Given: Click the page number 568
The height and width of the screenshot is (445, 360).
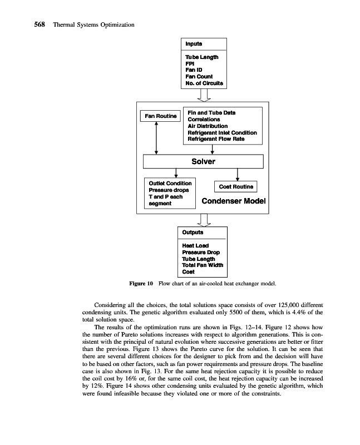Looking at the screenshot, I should [x=23, y=25].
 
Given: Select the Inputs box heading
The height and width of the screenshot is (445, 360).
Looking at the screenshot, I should [x=194, y=43].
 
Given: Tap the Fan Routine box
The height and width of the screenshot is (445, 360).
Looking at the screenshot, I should [x=161, y=116].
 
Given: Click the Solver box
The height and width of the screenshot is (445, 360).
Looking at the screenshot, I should [x=203, y=162].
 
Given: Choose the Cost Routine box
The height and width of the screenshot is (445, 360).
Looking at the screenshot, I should [x=235, y=187].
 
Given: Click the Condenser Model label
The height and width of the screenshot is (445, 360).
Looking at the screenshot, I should [x=234, y=201].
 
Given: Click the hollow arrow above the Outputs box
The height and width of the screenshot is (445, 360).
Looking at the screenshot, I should [x=203, y=220].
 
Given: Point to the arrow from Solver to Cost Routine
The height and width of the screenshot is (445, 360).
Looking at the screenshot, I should [x=238, y=175].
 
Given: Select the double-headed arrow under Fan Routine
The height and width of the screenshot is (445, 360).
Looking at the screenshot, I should [x=157, y=139].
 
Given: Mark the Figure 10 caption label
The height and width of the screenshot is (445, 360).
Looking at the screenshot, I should [x=141, y=284].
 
